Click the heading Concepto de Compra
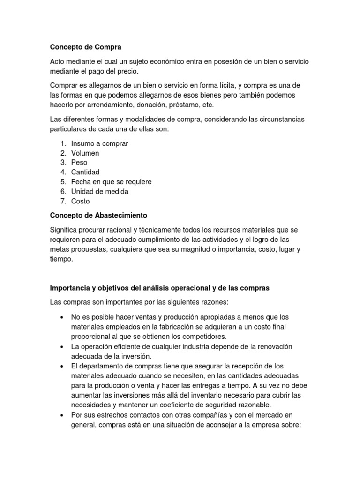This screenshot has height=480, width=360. [85, 47]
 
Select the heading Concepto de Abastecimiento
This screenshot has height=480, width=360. [98, 215]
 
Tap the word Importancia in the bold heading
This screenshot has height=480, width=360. [71, 288]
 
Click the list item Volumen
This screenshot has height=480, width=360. [85, 153]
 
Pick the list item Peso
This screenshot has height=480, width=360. [79, 163]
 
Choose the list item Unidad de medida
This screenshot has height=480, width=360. [99, 191]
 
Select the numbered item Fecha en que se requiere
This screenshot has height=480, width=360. [111, 182]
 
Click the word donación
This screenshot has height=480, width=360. [155, 105]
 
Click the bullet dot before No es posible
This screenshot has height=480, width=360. [62, 317]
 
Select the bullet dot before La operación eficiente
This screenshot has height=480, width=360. [62, 346]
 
